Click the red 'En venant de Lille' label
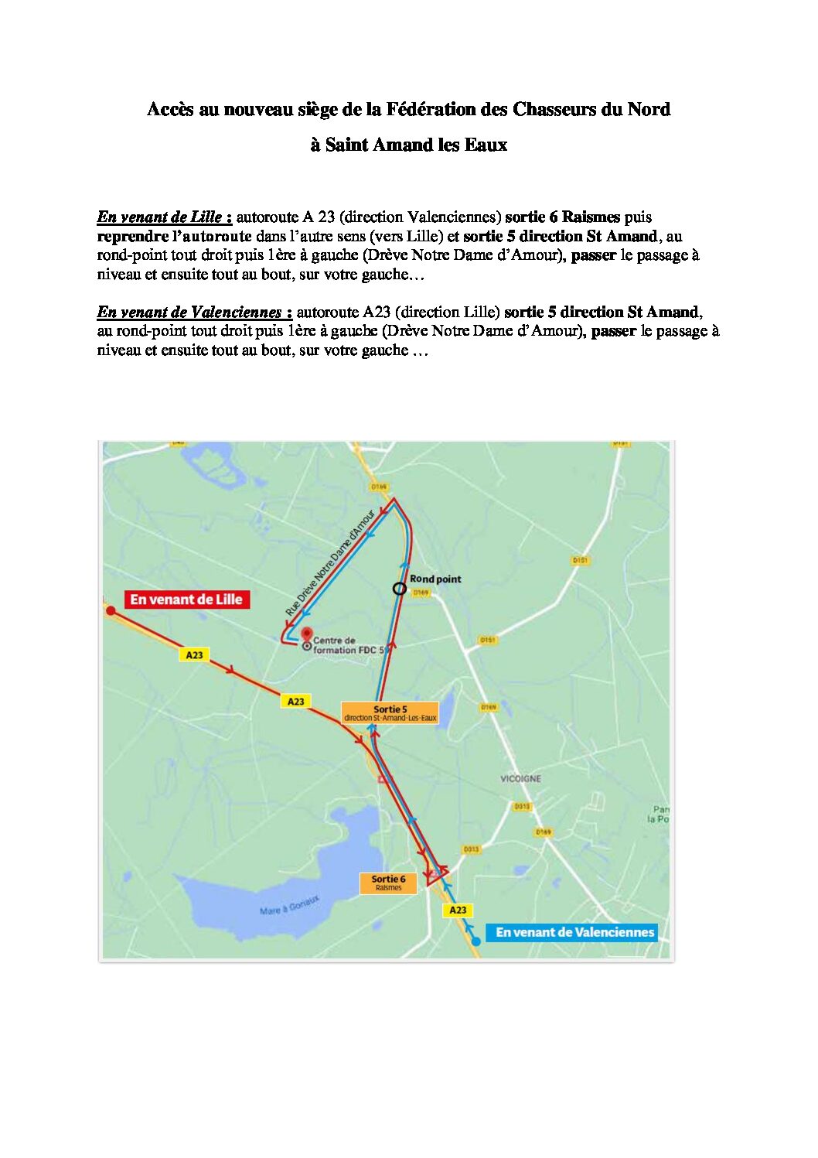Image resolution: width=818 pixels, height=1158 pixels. (x=186, y=599)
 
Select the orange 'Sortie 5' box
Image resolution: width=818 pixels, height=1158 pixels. (x=390, y=712)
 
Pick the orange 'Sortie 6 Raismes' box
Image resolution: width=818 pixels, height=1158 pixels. (x=388, y=883)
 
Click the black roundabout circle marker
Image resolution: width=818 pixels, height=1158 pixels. (x=399, y=589)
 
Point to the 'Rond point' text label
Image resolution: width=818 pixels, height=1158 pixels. (x=435, y=579)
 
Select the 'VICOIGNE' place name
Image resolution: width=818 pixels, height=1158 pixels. (x=520, y=778)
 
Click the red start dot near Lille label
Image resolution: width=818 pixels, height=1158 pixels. (x=111, y=610)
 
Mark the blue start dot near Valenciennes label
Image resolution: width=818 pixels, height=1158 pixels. (x=476, y=941)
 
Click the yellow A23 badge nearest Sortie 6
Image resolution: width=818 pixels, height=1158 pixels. (x=458, y=910)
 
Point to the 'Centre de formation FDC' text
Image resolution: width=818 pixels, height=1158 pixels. (x=346, y=645)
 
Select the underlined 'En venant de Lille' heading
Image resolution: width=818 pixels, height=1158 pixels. (x=164, y=217)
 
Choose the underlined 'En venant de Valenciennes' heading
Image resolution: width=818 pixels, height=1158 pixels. (x=194, y=313)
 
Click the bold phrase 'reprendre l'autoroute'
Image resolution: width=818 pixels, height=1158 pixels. (x=174, y=236)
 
